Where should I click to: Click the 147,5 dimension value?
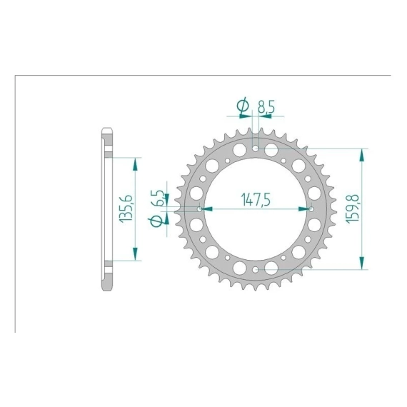(256, 200)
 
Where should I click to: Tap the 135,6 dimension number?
(126, 208)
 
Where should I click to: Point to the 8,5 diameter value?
(266, 106)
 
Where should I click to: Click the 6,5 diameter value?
(157, 198)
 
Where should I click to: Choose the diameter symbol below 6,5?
(156, 221)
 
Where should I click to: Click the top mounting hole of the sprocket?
(256, 149)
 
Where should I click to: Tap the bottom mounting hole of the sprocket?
(256, 270)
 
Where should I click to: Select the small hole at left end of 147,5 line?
(200, 209)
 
